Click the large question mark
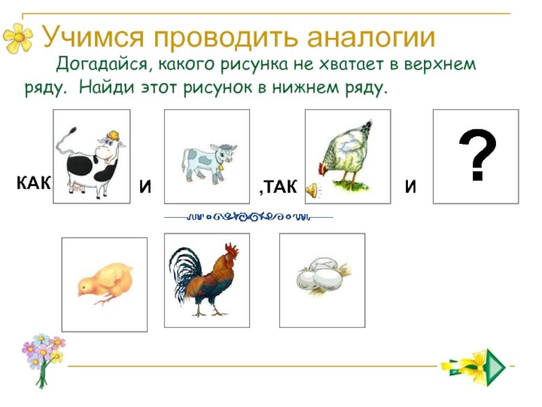[477, 157]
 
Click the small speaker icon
[311, 190]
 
